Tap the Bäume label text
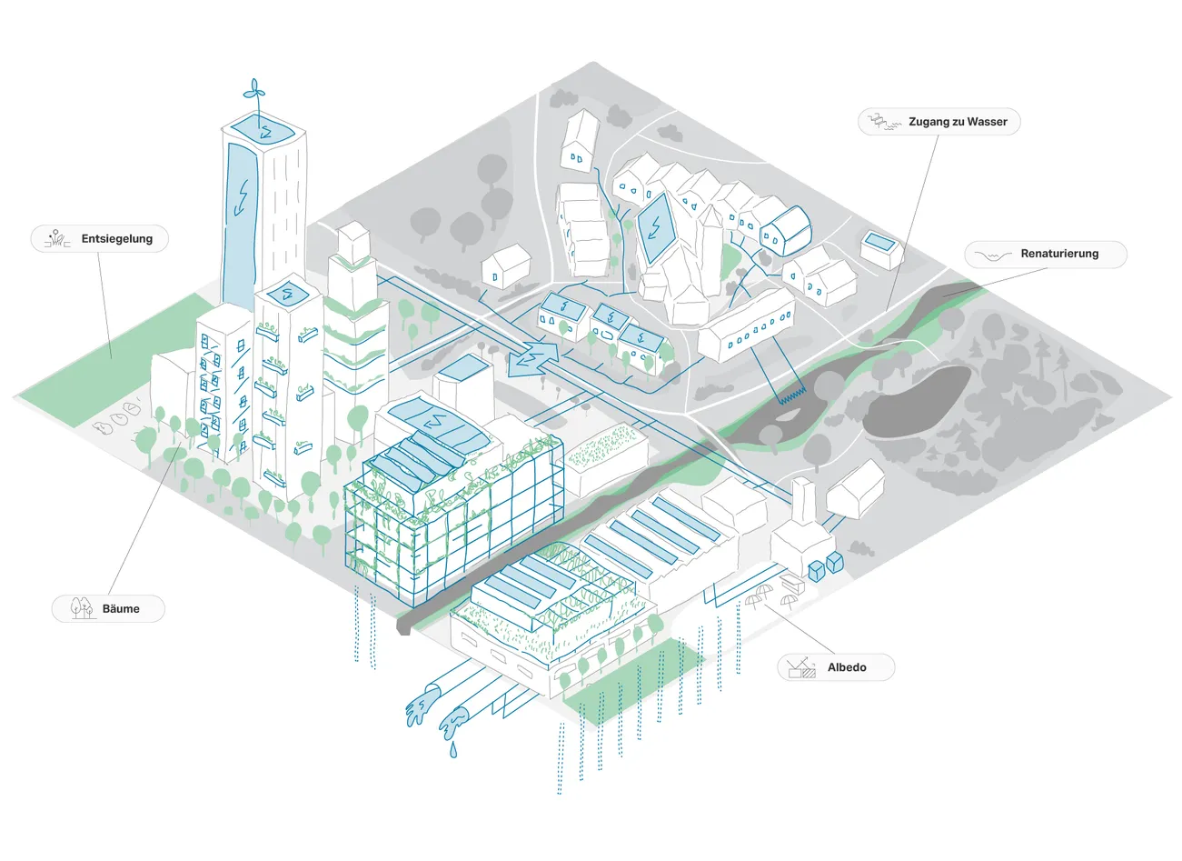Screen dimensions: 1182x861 tap(121, 608)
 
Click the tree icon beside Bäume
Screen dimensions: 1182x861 tap(82, 607)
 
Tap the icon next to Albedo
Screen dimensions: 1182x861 tap(802, 667)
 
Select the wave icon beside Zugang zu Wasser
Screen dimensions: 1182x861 tap(884, 122)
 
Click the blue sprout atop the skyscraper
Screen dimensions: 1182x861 tap(254, 96)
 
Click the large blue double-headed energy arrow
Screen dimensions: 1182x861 tap(533, 358)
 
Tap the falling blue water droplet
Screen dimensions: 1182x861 tap(453, 749)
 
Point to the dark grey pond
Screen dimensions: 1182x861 tap(917, 402)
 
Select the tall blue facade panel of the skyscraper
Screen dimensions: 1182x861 tap(240, 227)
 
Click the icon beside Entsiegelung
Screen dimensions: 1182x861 tap(58, 239)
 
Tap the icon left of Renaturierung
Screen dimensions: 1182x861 tap(992, 255)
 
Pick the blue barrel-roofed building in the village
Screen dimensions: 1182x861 tap(785, 231)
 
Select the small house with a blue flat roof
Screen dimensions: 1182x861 tap(880, 248)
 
